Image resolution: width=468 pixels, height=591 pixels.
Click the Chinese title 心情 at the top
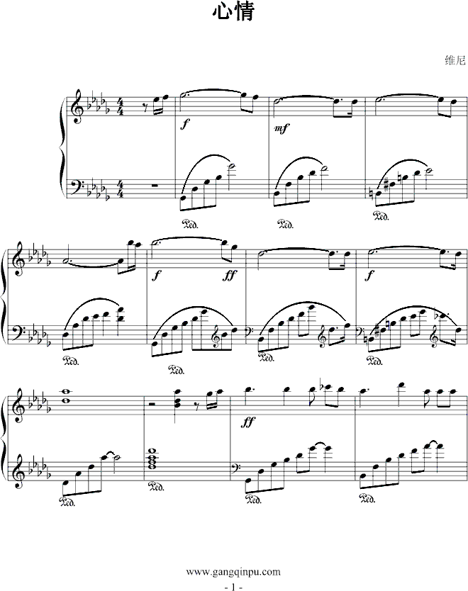(x=234, y=11)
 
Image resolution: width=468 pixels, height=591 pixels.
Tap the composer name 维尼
(x=455, y=60)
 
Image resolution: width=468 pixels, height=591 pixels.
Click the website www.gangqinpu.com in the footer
(x=233, y=572)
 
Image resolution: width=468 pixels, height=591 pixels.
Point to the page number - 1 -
(x=233, y=587)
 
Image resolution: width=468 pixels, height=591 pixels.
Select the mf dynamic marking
(x=282, y=128)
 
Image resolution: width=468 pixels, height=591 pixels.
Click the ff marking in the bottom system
(x=248, y=422)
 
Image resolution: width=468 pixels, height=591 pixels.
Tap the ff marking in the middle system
(x=230, y=276)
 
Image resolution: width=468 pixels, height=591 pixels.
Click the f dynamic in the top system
(x=184, y=125)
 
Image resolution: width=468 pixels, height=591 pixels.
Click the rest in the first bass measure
(x=153, y=186)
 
